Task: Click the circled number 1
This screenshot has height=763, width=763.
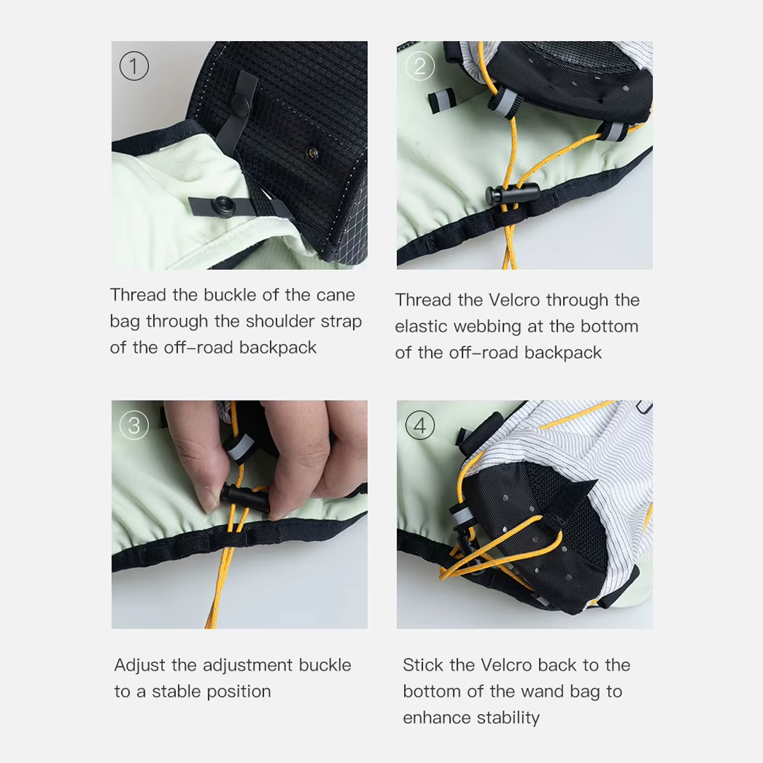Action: tap(134, 66)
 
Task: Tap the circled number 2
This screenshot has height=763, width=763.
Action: tap(420, 66)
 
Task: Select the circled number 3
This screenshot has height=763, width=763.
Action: tap(134, 425)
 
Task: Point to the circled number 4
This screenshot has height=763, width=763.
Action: tap(420, 425)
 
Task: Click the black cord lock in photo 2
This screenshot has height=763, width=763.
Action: tap(512, 193)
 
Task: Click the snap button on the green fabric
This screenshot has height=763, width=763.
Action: tap(224, 206)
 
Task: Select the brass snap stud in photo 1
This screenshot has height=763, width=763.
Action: tap(312, 154)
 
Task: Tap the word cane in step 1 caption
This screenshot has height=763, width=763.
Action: tap(336, 295)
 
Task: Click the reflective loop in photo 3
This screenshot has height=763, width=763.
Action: tap(239, 449)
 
